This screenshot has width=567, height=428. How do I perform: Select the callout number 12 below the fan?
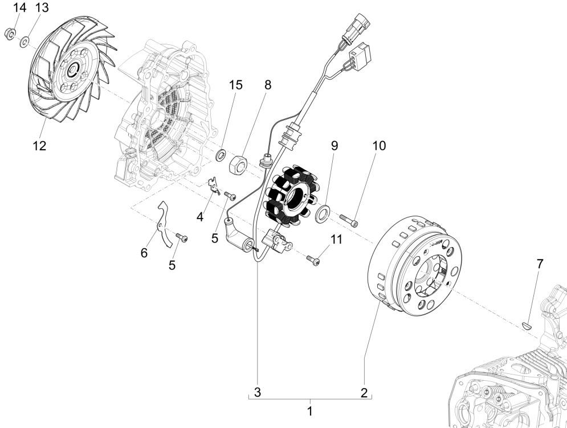click(39, 145)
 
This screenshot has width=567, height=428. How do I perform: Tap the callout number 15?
click(236, 85)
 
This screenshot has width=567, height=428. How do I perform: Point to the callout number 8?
click(268, 85)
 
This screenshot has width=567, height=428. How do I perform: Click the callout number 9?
click(335, 146)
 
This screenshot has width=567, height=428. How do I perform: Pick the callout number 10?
click(379, 146)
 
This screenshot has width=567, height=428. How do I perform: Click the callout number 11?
click(337, 239)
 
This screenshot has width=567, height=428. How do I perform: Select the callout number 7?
click(540, 264)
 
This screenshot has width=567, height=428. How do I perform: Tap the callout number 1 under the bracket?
click(310, 410)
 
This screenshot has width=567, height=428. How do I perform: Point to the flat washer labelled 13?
click(25, 41)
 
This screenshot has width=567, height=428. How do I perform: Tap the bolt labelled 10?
click(349, 219)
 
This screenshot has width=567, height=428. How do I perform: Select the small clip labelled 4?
click(213, 185)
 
